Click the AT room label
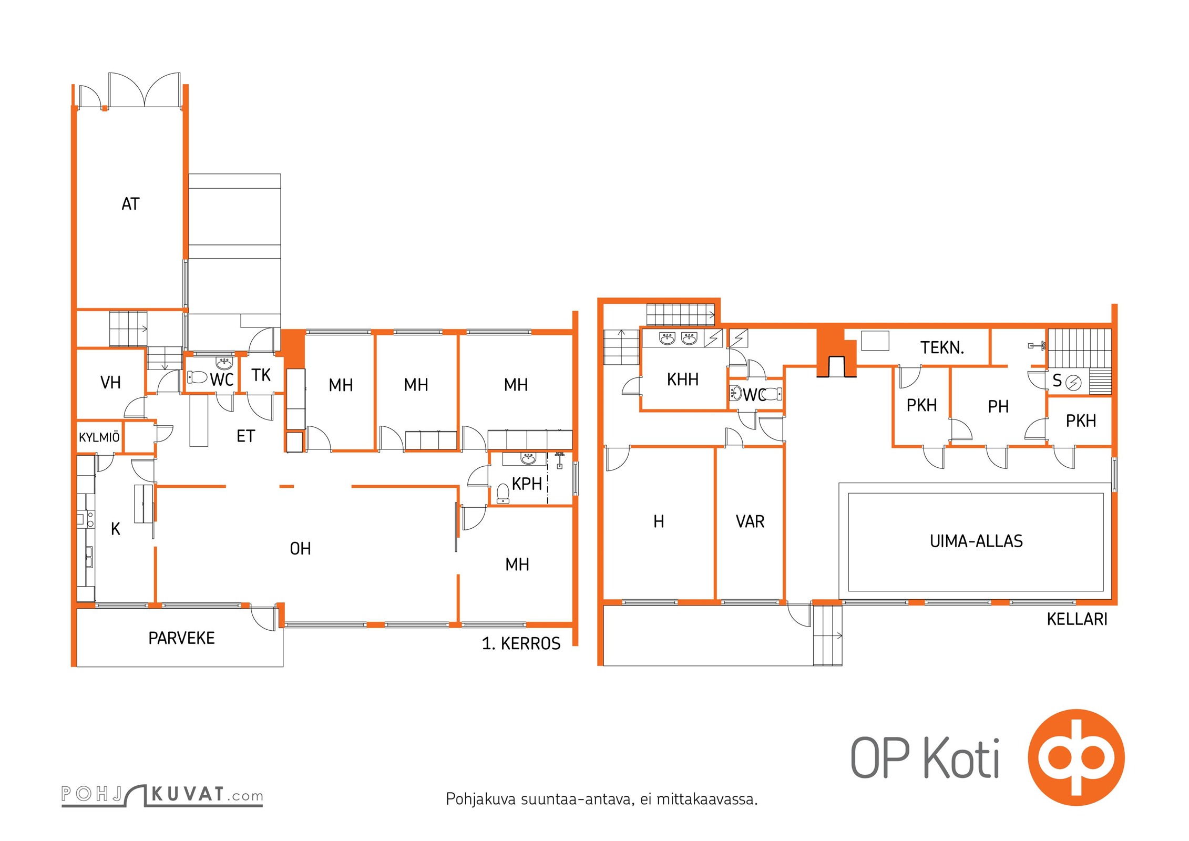[130, 204]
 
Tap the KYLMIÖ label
[99, 437]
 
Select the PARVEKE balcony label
[181, 638]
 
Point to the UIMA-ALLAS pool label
[976, 541]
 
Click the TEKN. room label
[942, 347]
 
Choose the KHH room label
[683, 380]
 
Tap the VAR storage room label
[750, 521]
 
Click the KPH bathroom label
[527, 484]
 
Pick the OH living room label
[300, 549]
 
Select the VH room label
[110, 383]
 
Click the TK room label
[261, 375]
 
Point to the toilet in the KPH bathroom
[503, 493]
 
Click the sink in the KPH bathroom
[527, 459]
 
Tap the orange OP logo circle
[1076, 757]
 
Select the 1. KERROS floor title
[521, 643]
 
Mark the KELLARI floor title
[1077, 619]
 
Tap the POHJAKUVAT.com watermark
[162, 795]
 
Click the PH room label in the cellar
[998, 406]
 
